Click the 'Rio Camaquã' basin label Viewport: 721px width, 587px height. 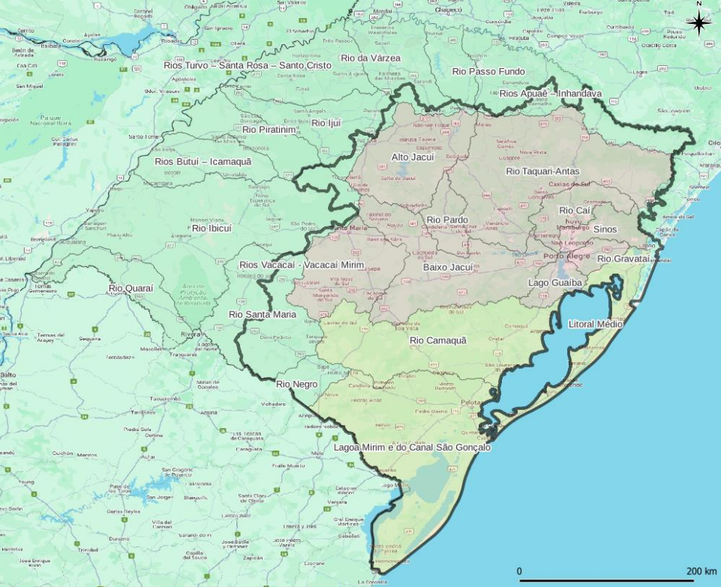pyautogui.click(x=438, y=340)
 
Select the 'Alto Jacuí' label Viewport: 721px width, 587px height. pyautogui.click(x=413, y=157)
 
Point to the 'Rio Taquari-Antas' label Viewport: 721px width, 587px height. pyautogui.click(x=542, y=171)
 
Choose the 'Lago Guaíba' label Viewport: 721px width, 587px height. pyautogui.click(x=555, y=283)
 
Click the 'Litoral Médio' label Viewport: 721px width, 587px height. pyautogui.click(x=596, y=324)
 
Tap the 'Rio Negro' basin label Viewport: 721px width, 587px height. pyautogui.click(x=297, y=385)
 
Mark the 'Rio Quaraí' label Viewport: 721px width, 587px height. pyautogui.click(x=131, y=288)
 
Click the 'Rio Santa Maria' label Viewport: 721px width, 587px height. pyautogui.click(x=263, y=314)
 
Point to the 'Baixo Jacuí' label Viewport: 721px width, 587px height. pyautogui.click(x=448, y=267)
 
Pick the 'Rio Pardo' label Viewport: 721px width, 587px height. pyautogui.click(x=447, y=220)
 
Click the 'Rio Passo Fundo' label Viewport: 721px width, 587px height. pyautogui.click(x=488, y=71)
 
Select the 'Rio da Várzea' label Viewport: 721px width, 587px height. pyautogui.click(x=371, y=58)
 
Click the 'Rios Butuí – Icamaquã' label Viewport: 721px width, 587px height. pyautogui.click(x=203, y=161)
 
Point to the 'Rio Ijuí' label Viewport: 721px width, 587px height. pyautogui.click(x=326, y=122)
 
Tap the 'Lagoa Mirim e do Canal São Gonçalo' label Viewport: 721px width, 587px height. pyautogui.click(x=412, y=448)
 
